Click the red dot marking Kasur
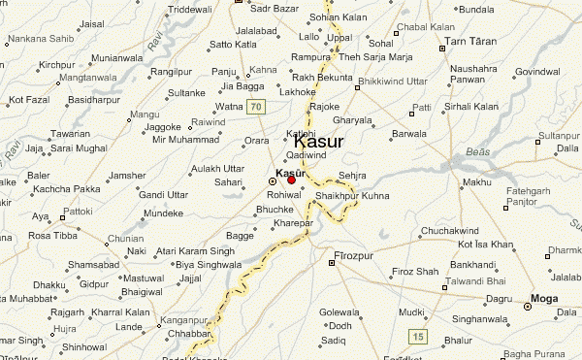291,180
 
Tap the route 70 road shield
255,106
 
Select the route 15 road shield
418,336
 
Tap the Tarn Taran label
470,43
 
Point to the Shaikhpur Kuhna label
349,195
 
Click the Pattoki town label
77,210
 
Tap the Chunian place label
126,238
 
